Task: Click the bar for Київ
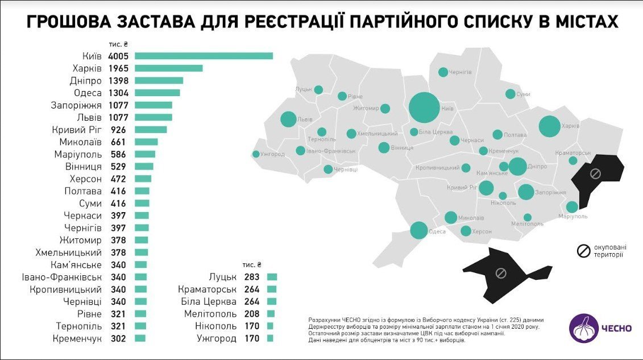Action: click(204, 56)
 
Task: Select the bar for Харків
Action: click(168, 68)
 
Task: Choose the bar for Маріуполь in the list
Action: click(145, 154)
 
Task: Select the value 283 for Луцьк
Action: click(251, 277)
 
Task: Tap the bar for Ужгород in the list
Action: click(270, 338)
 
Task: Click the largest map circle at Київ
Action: click(424, 107)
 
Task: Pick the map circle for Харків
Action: click(550, 126)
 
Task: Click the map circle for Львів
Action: click(288, 119)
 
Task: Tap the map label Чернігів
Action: click(460, 73)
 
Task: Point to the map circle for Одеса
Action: click(419, 230)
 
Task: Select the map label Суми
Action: click(523, 94)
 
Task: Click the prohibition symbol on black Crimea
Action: click(501, 273)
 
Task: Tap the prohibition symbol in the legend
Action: click(583, 251)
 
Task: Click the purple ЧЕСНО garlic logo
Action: click(584, 328)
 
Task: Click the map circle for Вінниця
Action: click(384, 147)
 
